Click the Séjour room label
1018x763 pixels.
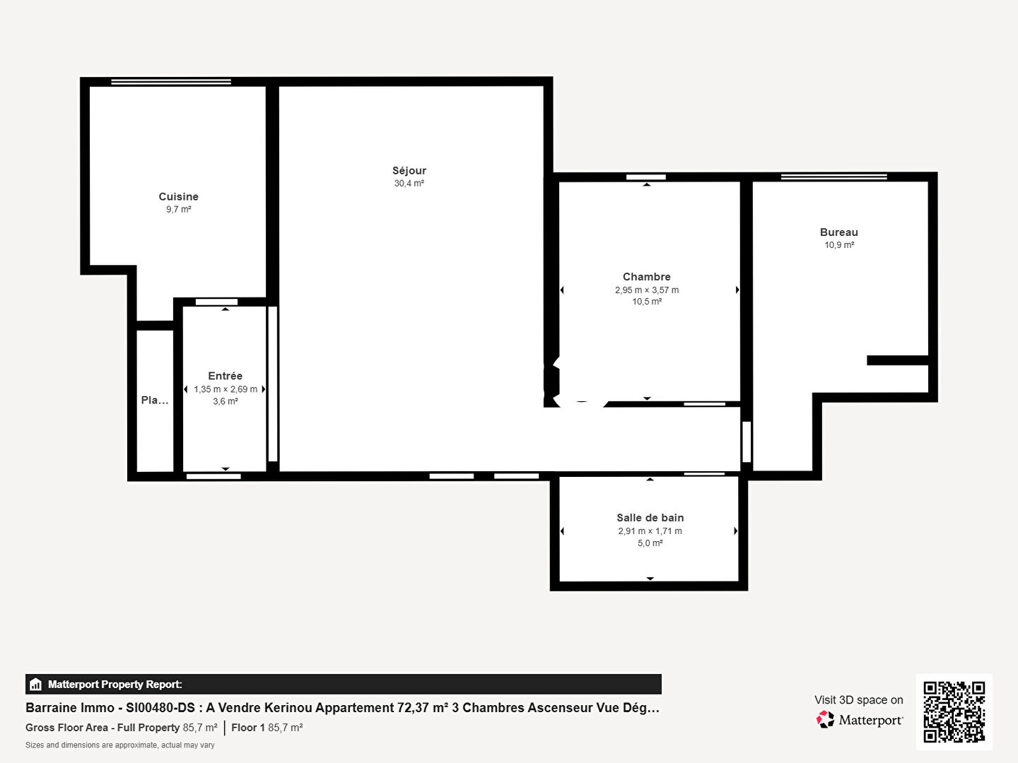pos(409,170)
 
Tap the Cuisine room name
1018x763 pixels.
pos(179,196)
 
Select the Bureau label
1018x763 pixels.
pos(839,232)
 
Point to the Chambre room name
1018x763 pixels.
pos(647,276)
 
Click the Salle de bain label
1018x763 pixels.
pos(650,517)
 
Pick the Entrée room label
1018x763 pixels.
pos(225,376)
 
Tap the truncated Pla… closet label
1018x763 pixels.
pos(154,400)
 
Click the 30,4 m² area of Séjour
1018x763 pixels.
pos(409,183)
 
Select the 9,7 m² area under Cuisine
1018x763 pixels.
pos(179,209)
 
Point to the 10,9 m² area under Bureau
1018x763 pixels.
pos(839,244)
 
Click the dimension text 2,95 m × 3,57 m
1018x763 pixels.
pos(647,290)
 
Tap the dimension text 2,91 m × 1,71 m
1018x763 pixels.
pos(650,531)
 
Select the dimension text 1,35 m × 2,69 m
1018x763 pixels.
pos(226,389)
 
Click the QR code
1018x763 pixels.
pos(954,712)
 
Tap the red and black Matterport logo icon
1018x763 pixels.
pos(825,719)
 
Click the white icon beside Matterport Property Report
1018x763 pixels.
pos(36,685)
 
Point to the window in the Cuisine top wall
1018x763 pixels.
pos(171,82)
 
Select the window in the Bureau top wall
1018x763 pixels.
pos(834,177)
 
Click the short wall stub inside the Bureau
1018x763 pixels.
pos(897,360)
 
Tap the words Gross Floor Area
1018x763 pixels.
pos(66,728)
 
